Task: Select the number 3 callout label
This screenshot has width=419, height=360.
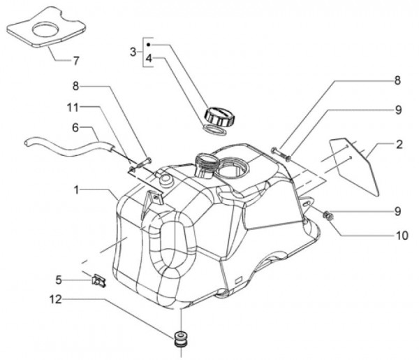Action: click(132, 52)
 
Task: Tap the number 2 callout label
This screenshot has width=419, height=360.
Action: click(399, 145)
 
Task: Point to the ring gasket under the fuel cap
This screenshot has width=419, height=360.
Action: click(216, 130)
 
